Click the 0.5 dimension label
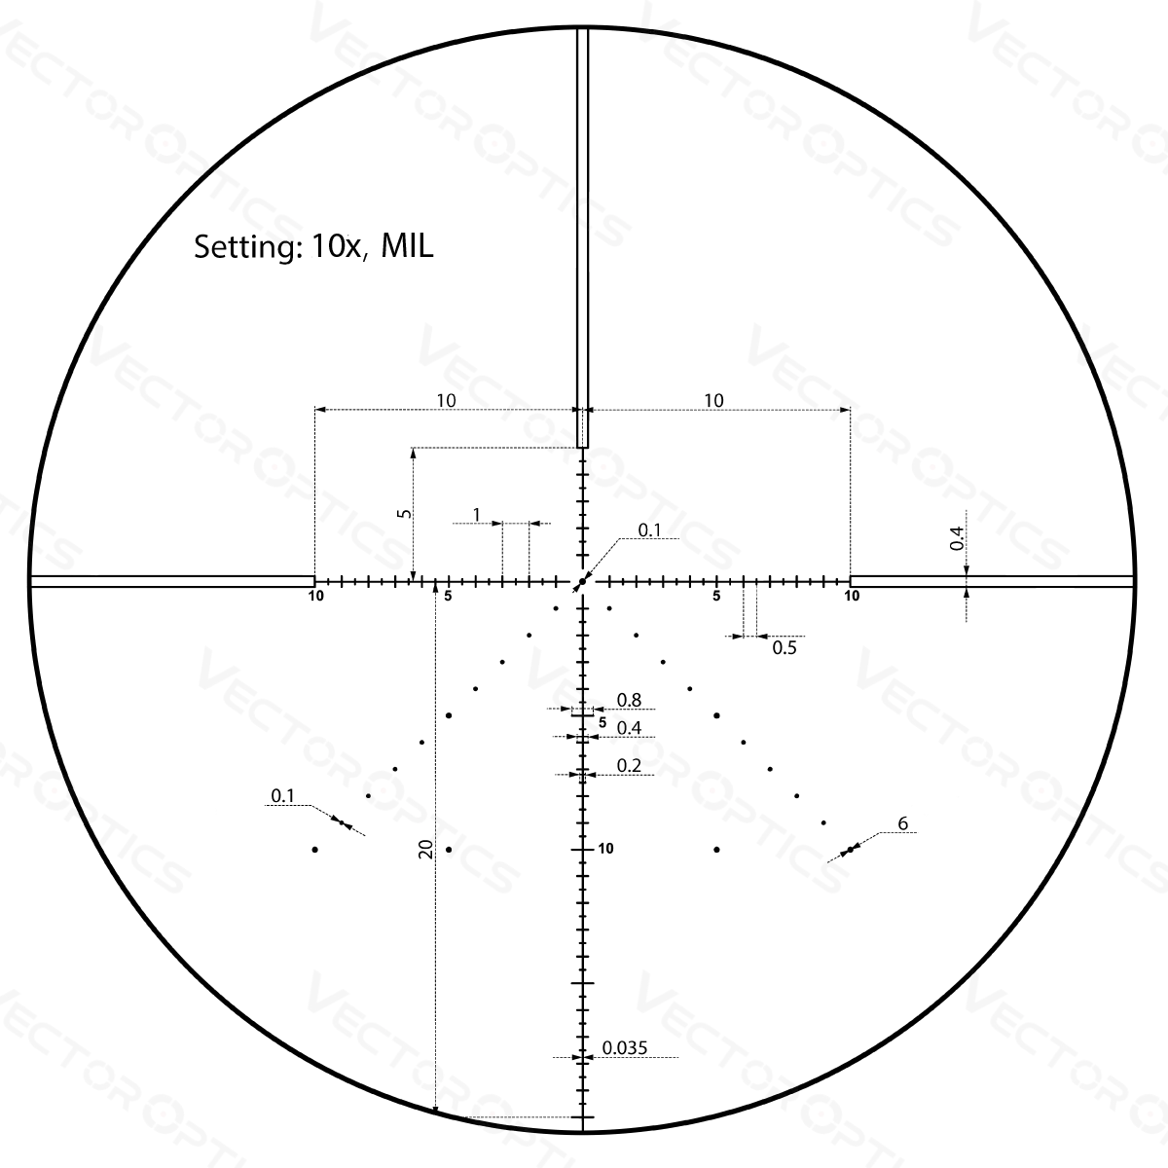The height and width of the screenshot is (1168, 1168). [x=785, y=646]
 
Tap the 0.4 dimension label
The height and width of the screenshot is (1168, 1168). [x=628, y=728]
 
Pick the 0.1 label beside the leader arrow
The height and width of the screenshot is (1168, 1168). [x=280, y=799]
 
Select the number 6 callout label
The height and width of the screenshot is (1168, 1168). [x=902, y=824]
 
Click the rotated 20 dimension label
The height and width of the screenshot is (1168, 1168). [x=426, y=849]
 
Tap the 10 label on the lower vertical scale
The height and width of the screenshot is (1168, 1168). [x=607, y=849]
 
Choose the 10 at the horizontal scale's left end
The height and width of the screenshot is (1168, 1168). [x=318, y=596]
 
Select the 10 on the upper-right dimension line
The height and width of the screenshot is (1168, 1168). [x=716, y=400]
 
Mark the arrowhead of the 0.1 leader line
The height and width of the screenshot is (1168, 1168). [x=362, y=835]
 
